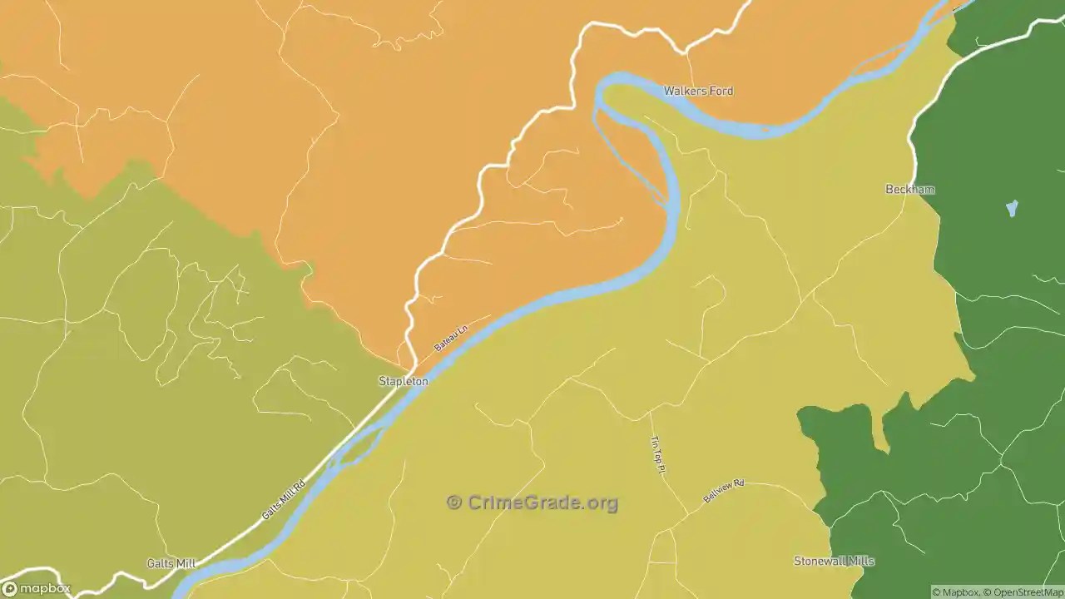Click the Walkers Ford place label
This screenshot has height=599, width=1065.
(698, 91)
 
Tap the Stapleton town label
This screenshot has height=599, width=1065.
(404, 381)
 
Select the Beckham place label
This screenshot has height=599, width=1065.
(909, 190)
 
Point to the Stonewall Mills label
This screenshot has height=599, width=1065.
(834, 561)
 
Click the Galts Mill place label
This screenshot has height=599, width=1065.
(171, 563)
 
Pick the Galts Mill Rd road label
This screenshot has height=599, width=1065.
(284, 499)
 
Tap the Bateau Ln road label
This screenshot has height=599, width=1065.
(451, 338)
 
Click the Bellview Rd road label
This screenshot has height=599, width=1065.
(723, 490)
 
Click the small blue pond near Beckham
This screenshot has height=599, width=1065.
(1012, 208)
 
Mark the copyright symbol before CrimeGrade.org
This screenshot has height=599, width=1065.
(454, 502)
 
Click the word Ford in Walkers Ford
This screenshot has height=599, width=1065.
(720, 91)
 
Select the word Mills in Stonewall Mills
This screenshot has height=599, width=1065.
(859, 561)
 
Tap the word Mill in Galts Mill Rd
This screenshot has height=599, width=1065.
(285, 497)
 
